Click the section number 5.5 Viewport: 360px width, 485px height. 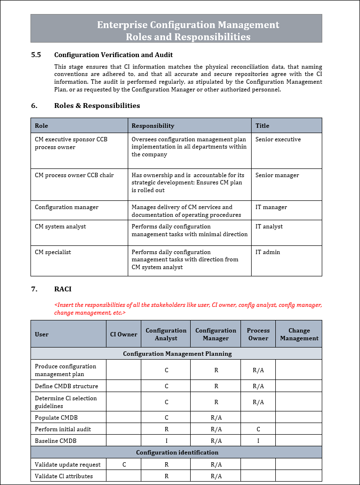36,55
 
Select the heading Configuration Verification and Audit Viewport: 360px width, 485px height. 113,55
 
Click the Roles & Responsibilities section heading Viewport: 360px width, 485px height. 97,106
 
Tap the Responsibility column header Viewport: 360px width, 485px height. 153,126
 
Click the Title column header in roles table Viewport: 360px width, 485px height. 262,126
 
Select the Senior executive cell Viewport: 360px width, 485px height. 278,139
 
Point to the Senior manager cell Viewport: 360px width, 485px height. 277,175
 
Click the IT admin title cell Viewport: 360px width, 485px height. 268,252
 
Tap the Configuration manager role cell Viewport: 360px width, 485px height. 66,207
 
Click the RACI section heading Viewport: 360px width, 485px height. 62,289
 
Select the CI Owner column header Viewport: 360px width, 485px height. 123,334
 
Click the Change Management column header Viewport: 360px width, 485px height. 299,334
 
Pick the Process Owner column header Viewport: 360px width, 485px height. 258,334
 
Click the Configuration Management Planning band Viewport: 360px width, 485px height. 177,354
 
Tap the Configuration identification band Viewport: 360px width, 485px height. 177,453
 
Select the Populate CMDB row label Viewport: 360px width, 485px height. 56,418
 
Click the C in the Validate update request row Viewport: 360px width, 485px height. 124,465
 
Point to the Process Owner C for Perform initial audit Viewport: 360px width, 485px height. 258,429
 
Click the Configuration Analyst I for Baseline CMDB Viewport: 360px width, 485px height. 166,441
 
